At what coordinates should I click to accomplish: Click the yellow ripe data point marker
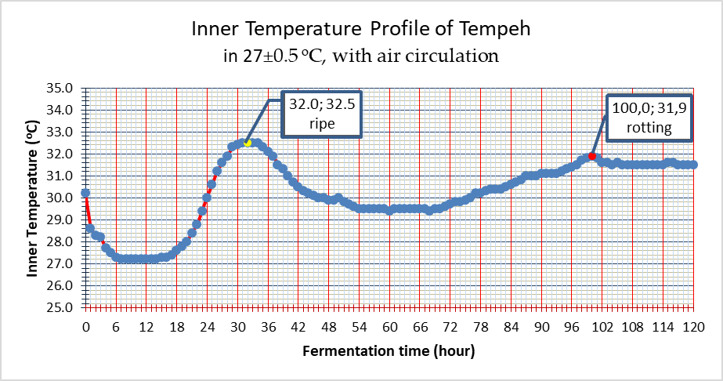247,143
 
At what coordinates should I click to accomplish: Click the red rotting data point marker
592,157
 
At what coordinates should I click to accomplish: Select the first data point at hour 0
85,193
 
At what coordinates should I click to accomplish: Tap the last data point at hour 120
692,165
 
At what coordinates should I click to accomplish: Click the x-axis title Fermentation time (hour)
389,350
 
